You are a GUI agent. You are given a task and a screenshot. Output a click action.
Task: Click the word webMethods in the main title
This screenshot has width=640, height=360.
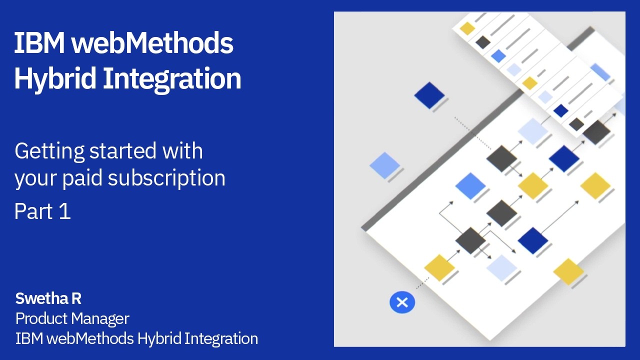[152, 43]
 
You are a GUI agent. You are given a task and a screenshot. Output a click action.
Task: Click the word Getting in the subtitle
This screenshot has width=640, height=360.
[49, 151]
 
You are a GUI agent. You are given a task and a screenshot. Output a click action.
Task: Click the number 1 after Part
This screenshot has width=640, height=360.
[64, 211]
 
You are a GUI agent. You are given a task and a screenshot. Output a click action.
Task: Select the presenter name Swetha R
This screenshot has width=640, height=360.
[48, 298]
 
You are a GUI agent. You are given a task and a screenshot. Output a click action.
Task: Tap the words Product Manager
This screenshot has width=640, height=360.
[72, 318]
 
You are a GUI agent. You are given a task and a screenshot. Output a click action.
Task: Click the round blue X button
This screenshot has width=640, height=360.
[402, 302]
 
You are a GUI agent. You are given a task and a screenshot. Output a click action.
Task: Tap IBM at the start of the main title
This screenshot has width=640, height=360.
[39, 43]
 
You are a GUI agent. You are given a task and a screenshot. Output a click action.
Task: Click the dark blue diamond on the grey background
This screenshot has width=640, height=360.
[429, 95]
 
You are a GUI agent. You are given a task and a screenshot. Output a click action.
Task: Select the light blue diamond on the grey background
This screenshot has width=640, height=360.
[384, 165]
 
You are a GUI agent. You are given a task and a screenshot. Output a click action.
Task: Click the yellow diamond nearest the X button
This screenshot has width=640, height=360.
[439, 267]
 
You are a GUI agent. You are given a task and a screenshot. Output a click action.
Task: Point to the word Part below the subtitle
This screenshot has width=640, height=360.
[33, 211]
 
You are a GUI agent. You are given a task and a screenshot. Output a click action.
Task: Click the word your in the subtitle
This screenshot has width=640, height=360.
[35, 178]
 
